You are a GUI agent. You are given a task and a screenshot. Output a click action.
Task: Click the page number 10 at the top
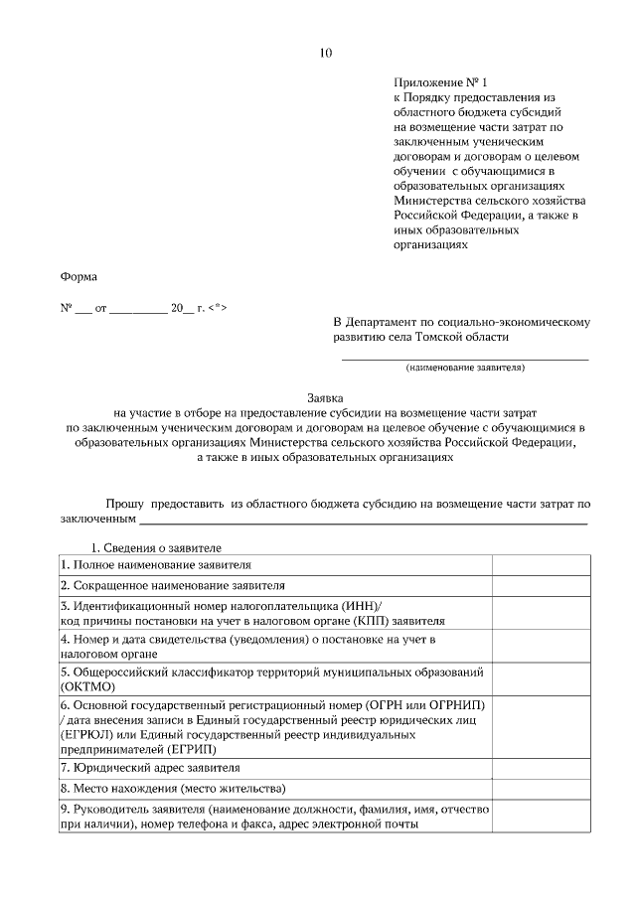click(x=325, y=53)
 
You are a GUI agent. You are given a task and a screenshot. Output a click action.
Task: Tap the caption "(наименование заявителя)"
click(x=465, y=368)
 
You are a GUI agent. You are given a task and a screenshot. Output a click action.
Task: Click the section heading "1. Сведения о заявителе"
click(x=156, y=547)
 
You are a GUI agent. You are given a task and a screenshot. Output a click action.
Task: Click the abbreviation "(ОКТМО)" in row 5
click(x=88, y=686)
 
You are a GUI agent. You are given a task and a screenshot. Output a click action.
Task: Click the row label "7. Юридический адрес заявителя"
click(x=149, y=768)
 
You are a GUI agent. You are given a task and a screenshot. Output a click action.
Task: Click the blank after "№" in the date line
click(x=82, y=309)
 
